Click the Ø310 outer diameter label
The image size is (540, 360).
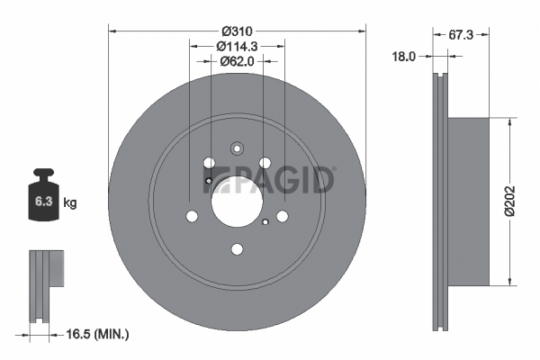click(237, 31)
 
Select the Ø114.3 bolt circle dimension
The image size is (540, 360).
click(237, 46)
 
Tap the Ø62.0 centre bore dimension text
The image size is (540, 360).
click(237, 61)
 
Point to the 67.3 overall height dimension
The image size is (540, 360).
click(461, 35)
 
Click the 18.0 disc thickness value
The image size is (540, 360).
click(404, 57)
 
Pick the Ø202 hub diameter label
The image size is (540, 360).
click(509, 202)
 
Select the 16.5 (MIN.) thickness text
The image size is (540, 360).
click(97, 334)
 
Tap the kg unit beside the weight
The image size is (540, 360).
click(70, 202)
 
